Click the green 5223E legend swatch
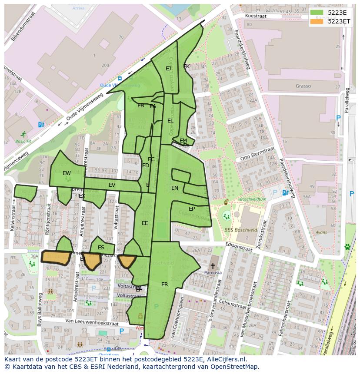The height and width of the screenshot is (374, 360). (317, 13)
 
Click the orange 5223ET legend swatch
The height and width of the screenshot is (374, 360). (317, 21)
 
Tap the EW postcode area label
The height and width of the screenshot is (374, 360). (67, 173)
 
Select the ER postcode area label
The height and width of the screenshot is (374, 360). (164, 285)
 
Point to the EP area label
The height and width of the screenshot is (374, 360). (192, 209)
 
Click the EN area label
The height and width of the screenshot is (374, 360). (175, 188)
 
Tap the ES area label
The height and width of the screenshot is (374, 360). (101, 248)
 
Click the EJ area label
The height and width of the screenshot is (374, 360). (168, 68)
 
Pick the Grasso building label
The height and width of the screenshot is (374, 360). (303, 86)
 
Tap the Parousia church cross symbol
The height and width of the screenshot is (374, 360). (213, 265)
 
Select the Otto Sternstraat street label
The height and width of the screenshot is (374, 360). (257, 154)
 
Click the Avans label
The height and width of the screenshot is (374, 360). (322, 232)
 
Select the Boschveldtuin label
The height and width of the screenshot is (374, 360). (253, 199)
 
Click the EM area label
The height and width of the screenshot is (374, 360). (183, 140)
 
